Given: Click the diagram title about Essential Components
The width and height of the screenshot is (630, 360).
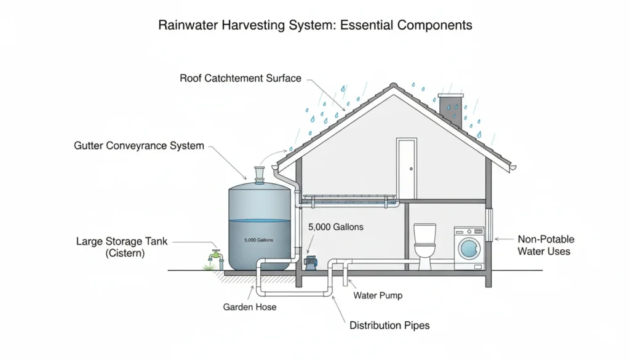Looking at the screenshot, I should pos(315,25).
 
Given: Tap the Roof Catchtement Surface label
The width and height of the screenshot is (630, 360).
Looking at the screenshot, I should pos(241,78).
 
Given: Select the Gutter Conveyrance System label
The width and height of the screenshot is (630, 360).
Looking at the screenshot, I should pos(138,146).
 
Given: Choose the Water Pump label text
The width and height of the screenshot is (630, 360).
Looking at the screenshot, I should pos(378,295).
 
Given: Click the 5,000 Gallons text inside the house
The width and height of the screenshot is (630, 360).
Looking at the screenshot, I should pos(335,227).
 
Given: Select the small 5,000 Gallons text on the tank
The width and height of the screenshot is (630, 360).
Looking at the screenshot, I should pos(258,240).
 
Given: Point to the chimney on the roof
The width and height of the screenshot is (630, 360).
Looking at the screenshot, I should pos(450,111).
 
